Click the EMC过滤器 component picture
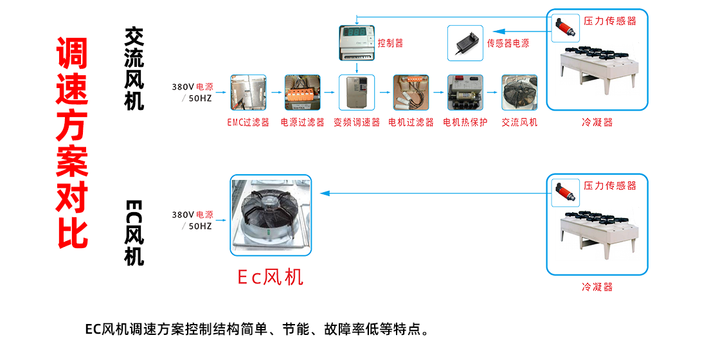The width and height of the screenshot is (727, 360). click(248, 93)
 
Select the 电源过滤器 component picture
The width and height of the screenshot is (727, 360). click(302, 93)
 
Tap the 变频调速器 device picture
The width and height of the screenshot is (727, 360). click(356, 93)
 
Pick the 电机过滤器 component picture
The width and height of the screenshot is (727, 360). click(410, 93)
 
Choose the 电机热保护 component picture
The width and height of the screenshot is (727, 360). click(465, 93)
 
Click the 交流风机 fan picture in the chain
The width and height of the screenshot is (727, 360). click(519, 93)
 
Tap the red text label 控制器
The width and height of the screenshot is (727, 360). click(390, 43)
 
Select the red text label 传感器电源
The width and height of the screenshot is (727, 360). click(508, 43)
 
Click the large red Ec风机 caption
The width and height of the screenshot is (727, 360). click(270, 277)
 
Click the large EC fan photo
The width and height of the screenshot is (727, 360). click(270, 215)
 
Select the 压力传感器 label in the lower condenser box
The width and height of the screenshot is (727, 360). click(609, 185)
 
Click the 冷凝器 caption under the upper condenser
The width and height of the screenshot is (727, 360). click(597, 122)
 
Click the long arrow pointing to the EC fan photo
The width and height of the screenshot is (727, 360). click(431, 193)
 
